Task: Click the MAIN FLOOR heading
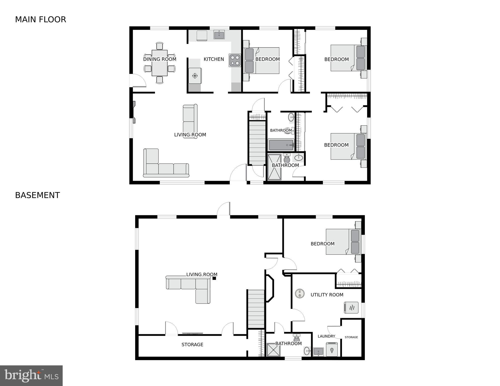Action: coord(41,20)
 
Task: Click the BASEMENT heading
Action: coord(37,195)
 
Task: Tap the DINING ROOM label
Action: coord(160,59)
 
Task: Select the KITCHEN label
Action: coord(214,59)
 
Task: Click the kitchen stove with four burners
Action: coord(235,60)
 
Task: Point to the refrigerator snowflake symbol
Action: coord(195,75)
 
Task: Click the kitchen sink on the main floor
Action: coord(219,35)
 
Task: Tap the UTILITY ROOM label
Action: coord(327,295)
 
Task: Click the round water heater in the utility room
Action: coord(300,293)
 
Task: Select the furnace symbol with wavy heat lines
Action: coord(351,308)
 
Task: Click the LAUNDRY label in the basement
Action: coord(326,336)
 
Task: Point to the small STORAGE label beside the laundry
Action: coord(351,337)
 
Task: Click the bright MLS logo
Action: coord(31,376)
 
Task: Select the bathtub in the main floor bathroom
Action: coord(281,145)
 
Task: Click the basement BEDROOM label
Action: coord(323,244)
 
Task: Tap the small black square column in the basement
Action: coord(214,278)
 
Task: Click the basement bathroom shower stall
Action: coord(273,350)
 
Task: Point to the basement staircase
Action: coord(256,309)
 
